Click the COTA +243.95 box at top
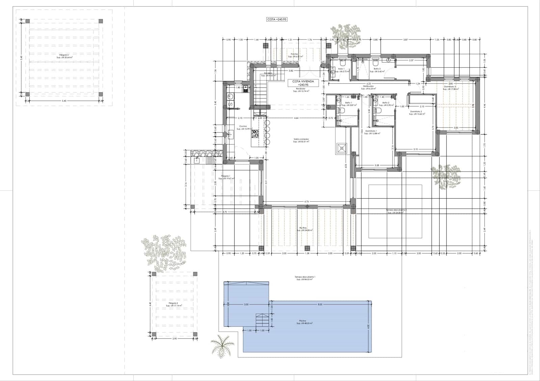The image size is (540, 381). pyautogui.click(x=277, y=20)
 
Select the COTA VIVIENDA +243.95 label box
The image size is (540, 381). pyautogui.click(x=303, y=83)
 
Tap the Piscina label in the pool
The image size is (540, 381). pyautogui.click(x=302, y=322)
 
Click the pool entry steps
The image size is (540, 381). pyautogui.click(x=262, y=320)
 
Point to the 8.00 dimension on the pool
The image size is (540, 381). pyautogui.click(x=320, y=304)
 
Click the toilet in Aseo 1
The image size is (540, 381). pyautogui.click(x=342, y=63)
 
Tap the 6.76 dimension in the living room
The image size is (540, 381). pyautogui.click(x=306, y=202)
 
